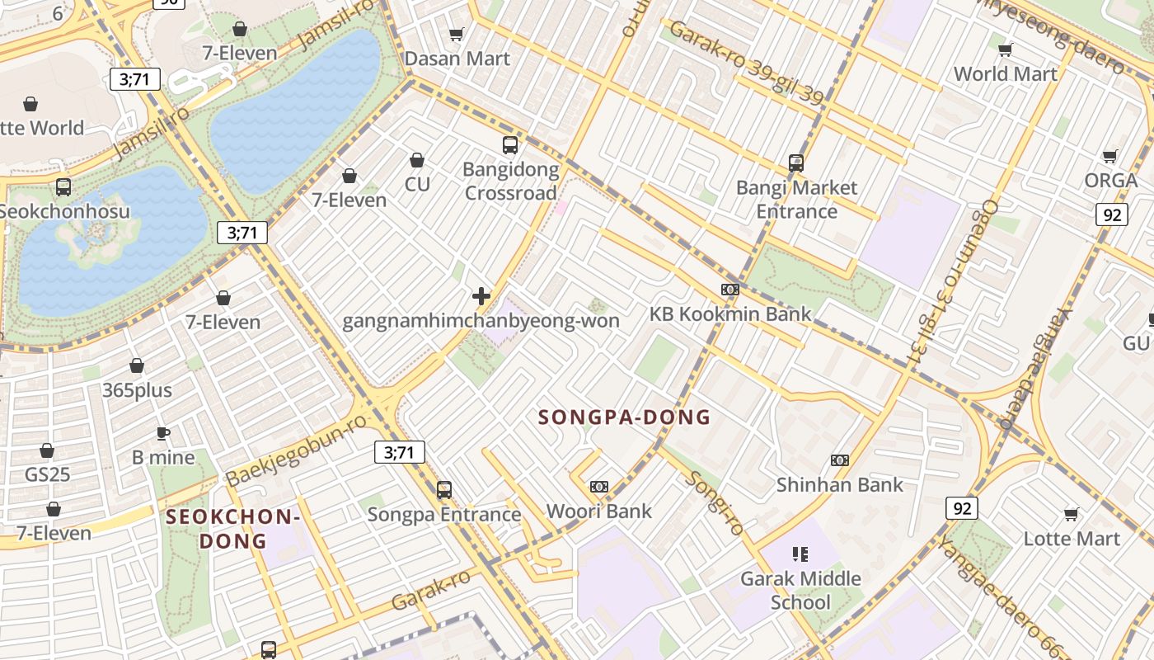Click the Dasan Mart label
coord(457,59)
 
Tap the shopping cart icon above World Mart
coord(1005,50)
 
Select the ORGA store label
coord(1110,180)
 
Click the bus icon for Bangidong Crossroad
coord(510,145)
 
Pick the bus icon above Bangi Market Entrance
coord(795,163)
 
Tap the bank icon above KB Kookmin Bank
coord(729,290)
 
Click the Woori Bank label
coord(599,511)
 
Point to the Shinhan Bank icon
coord(840,460)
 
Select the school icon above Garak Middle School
coord(800,554)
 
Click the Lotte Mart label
coord(1072,539)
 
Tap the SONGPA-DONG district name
coord(624,417)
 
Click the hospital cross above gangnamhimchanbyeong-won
coord(481,296)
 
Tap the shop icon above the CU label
coord(417,160)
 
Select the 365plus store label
coord(137,389)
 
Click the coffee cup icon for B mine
coord(163,433)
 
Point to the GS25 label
coord(47,474)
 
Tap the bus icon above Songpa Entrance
coord(444,490)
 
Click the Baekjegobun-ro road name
coord(296,450)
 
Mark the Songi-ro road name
coord(715,502)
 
